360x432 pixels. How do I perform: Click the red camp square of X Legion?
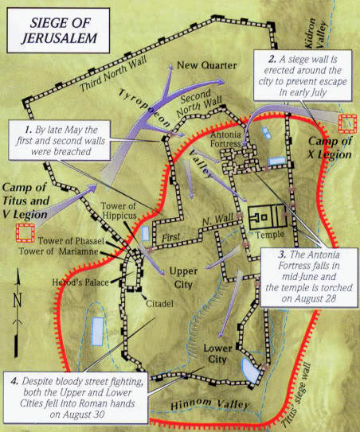click(347, 123)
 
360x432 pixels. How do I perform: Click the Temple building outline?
click(266, 216)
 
